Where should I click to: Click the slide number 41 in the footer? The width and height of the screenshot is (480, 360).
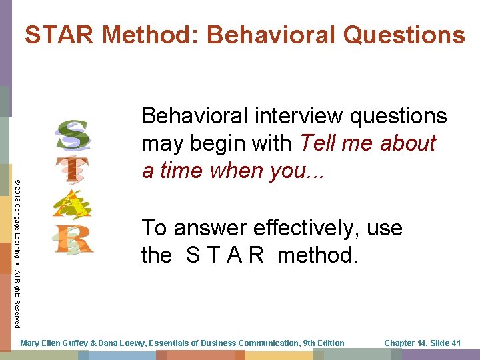(x=455, y=343)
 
